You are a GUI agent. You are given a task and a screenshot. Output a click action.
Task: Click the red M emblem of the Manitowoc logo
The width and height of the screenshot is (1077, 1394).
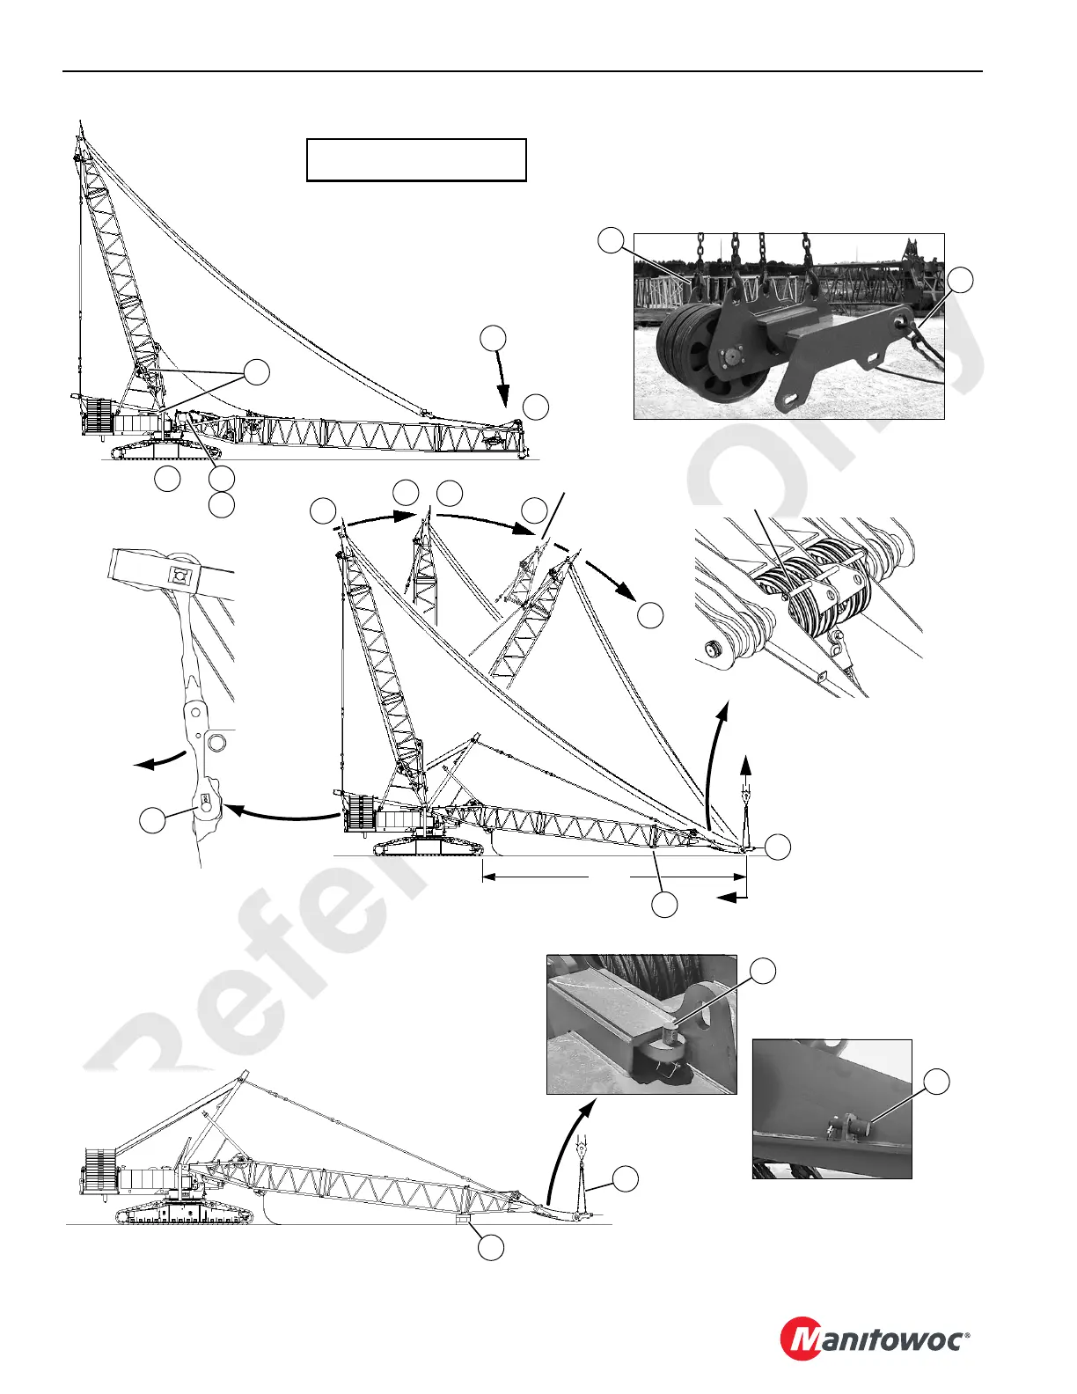click(804, 1339)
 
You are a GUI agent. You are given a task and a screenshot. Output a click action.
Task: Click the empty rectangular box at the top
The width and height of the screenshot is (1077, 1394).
click(416, 159)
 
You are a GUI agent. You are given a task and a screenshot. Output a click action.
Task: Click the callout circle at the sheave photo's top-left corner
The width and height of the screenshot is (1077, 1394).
click(611, 239)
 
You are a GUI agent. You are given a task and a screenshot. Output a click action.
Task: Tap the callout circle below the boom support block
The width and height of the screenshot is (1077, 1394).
click(491, 1246)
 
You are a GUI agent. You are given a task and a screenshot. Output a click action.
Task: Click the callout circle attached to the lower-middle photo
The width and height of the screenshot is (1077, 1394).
click(764, 971)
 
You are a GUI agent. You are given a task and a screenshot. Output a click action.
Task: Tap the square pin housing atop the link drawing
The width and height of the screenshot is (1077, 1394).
click(180, 576)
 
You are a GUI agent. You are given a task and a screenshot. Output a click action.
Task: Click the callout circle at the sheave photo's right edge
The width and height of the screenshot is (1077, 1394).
click(962, 281)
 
